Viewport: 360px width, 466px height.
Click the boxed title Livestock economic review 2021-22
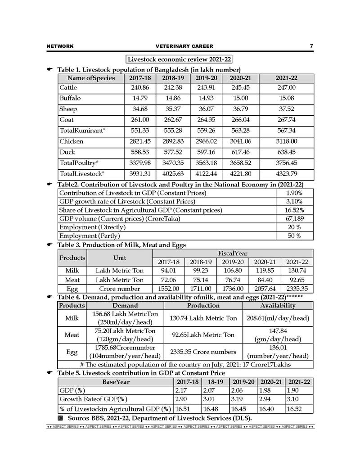[x=179, y=59]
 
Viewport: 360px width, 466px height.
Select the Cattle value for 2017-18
[x=139, y=87]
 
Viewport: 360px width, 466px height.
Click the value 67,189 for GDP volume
[x=294, y=219]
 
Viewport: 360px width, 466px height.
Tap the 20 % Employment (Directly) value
[x=294, y=227]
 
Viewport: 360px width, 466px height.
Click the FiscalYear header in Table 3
[x=233, y=253]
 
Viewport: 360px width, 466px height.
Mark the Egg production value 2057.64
[x=265, y=288]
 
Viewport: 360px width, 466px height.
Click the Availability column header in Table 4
[x=278, y=306]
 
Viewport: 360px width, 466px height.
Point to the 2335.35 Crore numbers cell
[x=203, y=352]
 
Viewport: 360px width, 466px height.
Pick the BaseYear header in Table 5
[x=116, y=382]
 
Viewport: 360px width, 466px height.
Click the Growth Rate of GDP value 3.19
[x=239, y=399]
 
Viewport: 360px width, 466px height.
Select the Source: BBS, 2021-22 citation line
[x=159, y=419]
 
